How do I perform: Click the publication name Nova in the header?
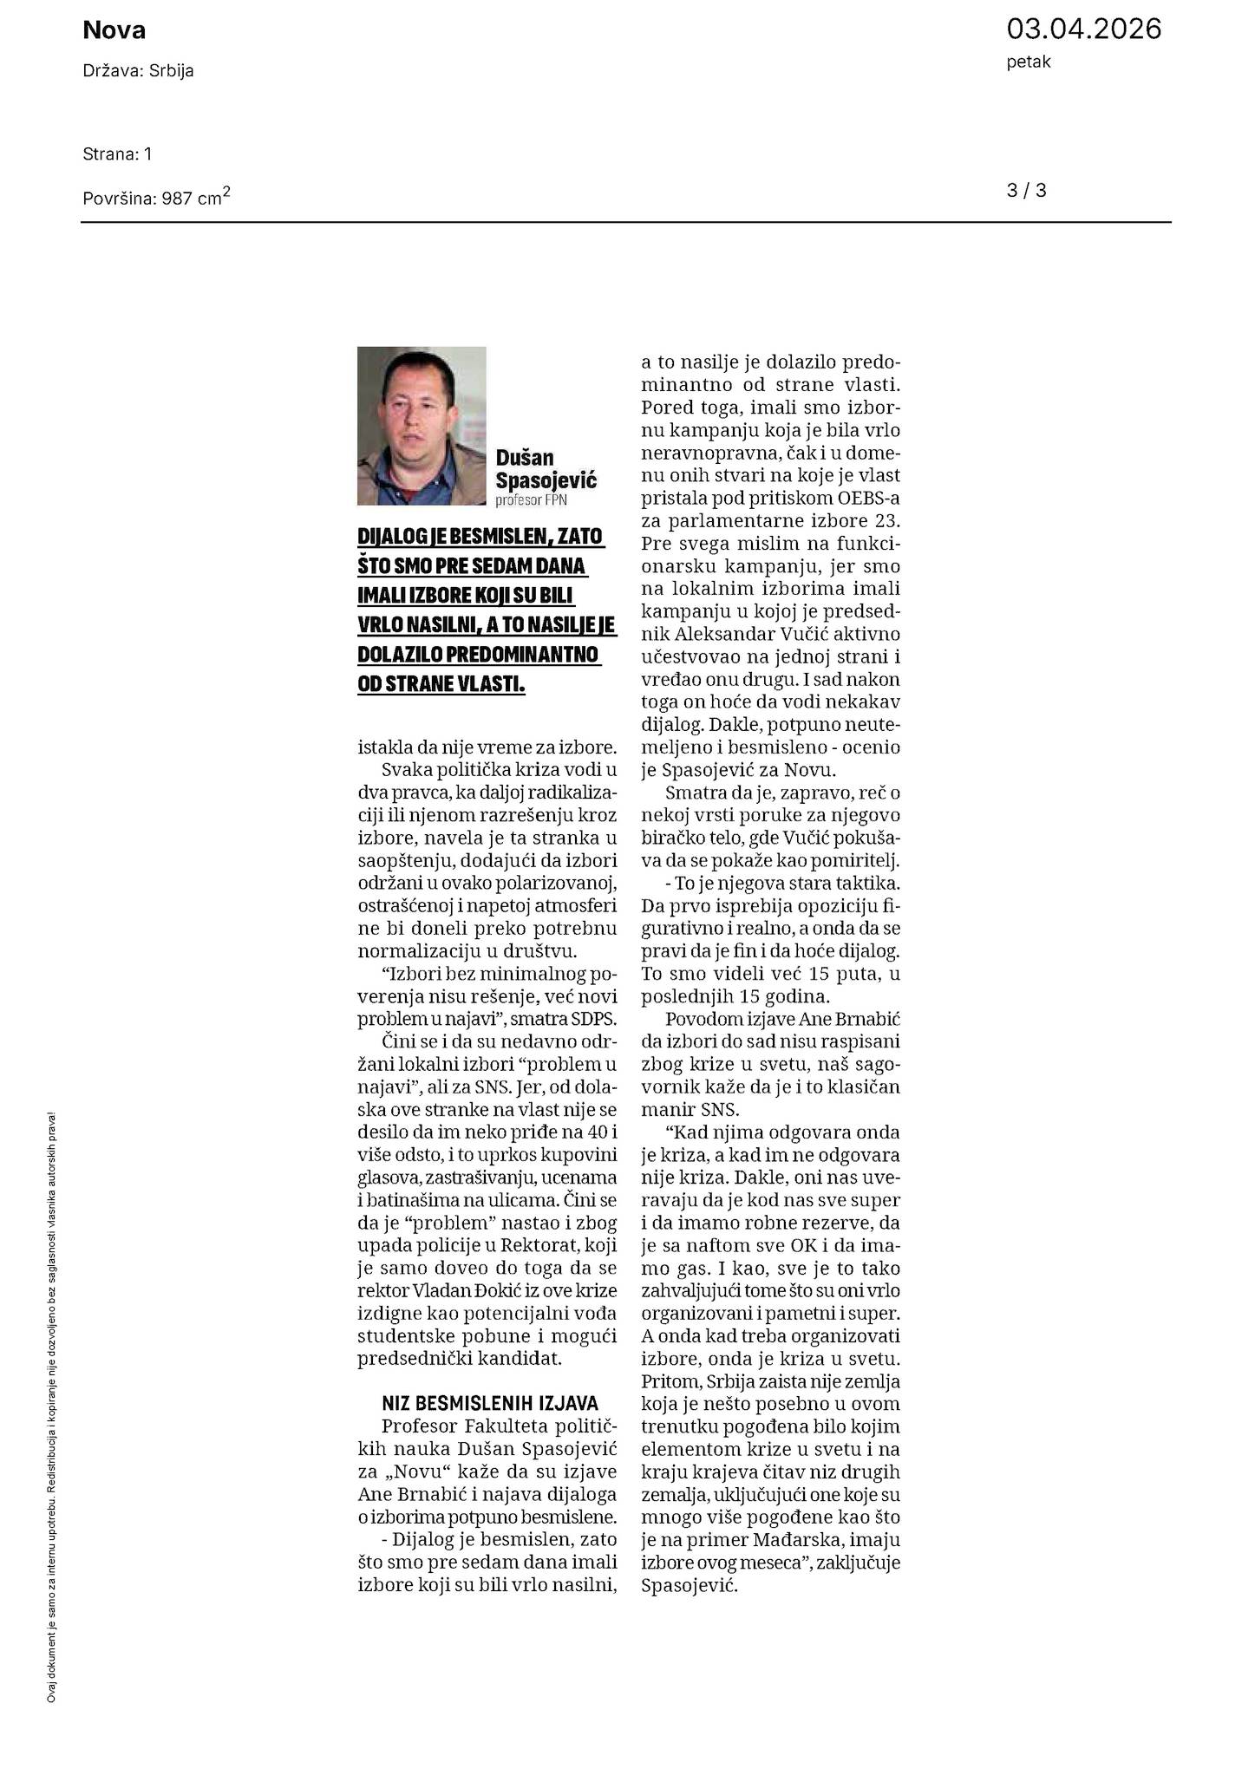(x=114, y=31)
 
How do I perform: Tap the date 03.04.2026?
(x=1083, y=29)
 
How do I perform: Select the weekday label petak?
(x=1029, y=62)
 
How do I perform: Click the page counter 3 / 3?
(x=1026, y=191)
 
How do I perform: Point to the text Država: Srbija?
(x=138, y=71)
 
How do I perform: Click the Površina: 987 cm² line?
(x=156, y=197)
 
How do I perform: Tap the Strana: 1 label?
(x=117, y=154)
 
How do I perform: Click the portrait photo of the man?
(x=422, y=426)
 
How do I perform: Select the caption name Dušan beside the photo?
(x=524, y=458)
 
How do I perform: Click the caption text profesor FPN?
(x=532, y=500)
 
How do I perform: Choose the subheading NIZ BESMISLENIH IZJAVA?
(x=490, y=1404)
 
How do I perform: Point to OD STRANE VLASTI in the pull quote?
(x=441, y=684)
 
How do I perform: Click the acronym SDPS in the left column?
(x=594, y=1020)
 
